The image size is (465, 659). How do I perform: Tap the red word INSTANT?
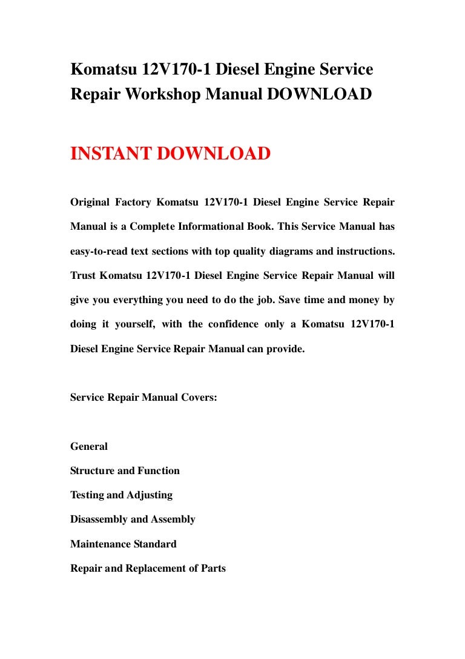(x=111, y=153)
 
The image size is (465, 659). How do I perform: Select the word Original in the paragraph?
(x=90, y=202)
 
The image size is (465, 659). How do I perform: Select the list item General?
(x=89, y=447)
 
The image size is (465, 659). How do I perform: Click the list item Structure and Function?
(x=125, y=471)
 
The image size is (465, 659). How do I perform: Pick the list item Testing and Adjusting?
(x=121, y=495)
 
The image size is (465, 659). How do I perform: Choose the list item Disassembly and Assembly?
(x=133, y=520)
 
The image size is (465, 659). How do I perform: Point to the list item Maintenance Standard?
(x=124, y=544)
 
